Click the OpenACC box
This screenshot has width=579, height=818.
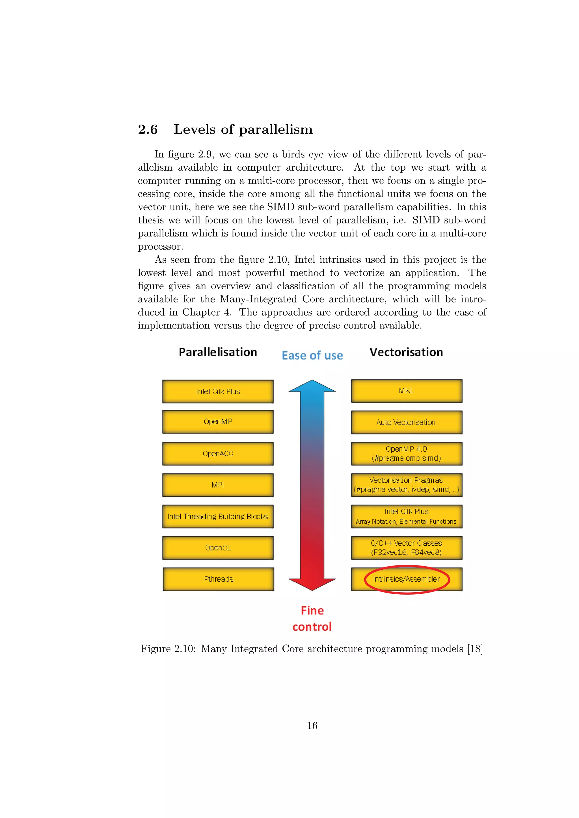218,454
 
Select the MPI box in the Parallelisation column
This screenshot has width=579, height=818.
218,485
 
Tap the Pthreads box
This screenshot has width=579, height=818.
218,579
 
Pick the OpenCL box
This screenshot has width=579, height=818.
218,548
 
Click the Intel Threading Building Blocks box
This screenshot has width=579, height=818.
218,516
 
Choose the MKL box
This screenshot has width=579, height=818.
407,391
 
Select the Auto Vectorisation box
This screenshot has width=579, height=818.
407,422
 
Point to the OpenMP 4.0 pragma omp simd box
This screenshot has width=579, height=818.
407,454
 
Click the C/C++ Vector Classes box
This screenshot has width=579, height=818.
407,548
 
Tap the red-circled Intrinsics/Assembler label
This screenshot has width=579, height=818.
407,579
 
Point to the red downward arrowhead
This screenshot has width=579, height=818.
312,584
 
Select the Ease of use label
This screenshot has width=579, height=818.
312,356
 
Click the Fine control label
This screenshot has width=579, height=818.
312,619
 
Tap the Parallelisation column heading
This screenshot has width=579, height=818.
218,352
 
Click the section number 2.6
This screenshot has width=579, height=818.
148,129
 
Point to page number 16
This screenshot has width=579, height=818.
312,726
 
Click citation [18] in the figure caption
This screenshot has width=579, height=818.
475,649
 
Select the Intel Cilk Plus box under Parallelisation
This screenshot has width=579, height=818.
218,391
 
